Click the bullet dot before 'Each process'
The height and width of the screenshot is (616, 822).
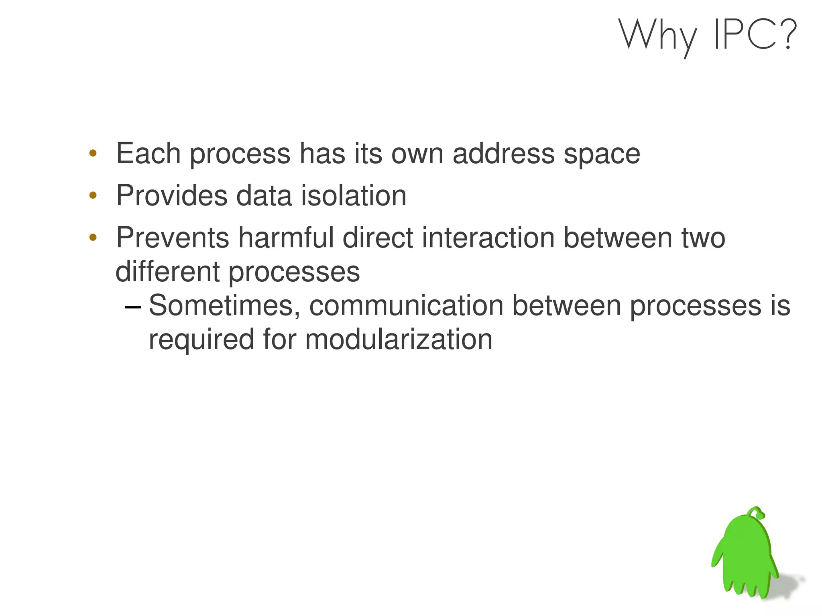[x=93, y=153]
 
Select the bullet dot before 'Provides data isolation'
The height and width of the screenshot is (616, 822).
[x=93, y=195]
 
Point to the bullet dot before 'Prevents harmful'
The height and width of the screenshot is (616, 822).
[x=93, y=238]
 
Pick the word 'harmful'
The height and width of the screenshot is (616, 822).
[x=286, y=238]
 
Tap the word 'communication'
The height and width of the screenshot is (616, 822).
[x=406, y=306]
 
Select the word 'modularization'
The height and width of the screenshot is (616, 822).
[x=399, y=340]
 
